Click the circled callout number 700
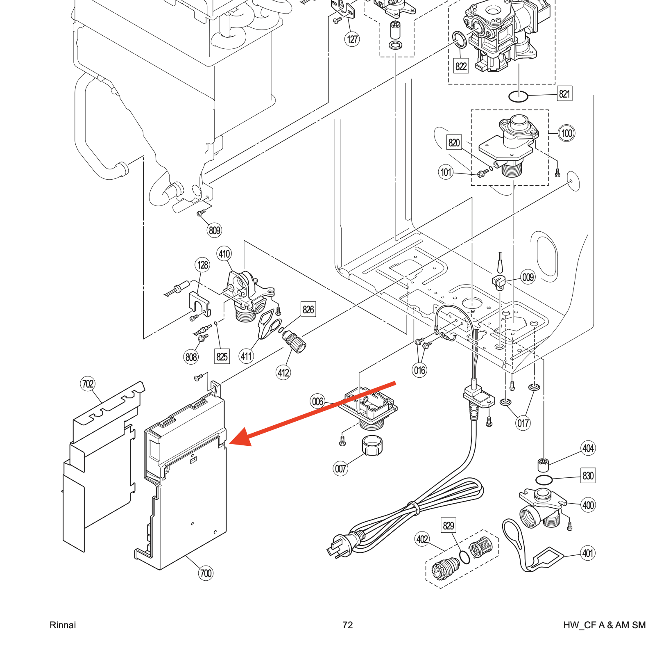click(x=206, y=573)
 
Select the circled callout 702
click(x=88, y=384)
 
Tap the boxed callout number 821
click(x=564, y=94)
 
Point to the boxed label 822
click(x=461, y=66)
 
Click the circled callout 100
click(x=566, y=133)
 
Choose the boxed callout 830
click(x=588, y=476)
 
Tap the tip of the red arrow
click(x=231, y=443)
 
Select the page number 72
click(x=347, y=625)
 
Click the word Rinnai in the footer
click(x=63, y=625)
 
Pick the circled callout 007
click(x=340, y=468)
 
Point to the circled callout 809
click(x=214, y=230)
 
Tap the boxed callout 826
click(x=308, y=309)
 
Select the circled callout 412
click(x=283, y=373)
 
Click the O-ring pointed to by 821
click(x=518, y=97)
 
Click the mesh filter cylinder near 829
click(x=479, y=547)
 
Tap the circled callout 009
click(x=528, y=278)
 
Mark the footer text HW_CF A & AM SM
click(x=604, y=625)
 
